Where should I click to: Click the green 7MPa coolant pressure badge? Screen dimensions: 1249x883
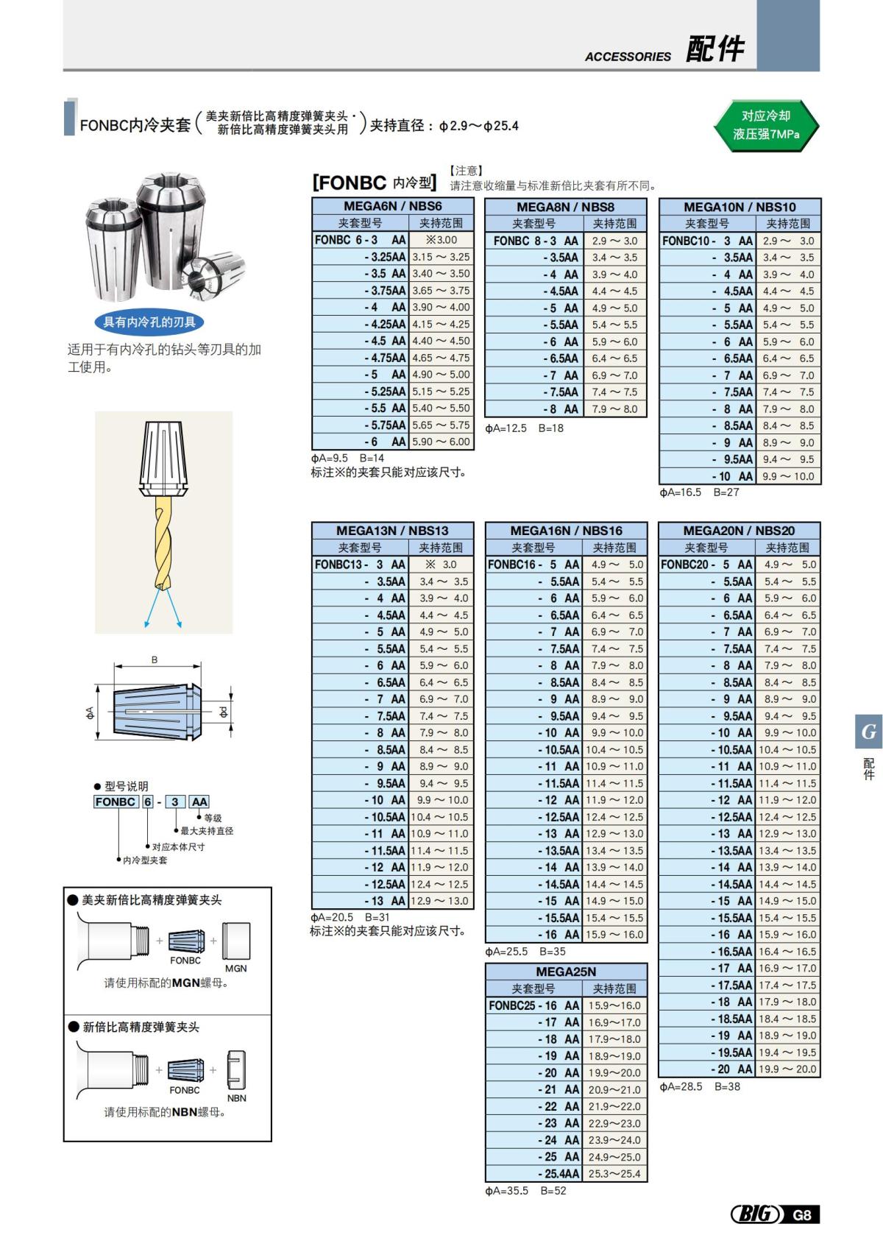pyautogui.click(x=766, y=125)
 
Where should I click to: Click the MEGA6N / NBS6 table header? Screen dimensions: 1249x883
pyautogui.click(x=393, y=206)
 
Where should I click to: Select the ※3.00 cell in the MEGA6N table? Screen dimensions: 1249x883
pyautogui.click(x=441, y=240)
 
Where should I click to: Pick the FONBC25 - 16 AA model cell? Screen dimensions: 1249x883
pyautogui.click(x=534, y=1005)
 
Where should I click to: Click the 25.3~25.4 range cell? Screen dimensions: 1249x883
pyautogui.click(x=614, y=1174)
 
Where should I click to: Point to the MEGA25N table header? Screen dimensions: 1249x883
pyautogui.click(x=566, y=972)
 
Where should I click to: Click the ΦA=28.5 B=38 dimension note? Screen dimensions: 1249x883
pyautogui.click(x=700, y=1086)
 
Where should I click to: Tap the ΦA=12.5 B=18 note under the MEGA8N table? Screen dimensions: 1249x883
pyautogui.click(x=524, y=428)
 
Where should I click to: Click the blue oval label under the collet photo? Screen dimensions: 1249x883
pyautogui.click(x=149, y=322)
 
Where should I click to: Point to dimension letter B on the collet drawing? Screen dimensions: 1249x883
pyautogui.click(x=155, y=659)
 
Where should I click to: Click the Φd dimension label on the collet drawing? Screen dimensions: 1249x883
pyautogui.click(x=223, y=712)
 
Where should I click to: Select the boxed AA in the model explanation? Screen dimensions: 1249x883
pyautogui.click(x=199, y=802)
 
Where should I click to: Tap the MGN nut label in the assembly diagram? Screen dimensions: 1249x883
pyautogui.click(x=235, y=969)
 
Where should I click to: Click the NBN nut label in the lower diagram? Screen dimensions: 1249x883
pyautogui.click(x=236, y=1098)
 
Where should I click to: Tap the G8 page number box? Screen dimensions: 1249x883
pyautogui.click(x=802, y=1214)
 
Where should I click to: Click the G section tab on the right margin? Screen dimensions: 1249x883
pyautogui.click(x=868, y=732)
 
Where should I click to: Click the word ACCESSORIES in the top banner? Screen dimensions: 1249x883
pyautogui.click(x=628, y=57)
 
